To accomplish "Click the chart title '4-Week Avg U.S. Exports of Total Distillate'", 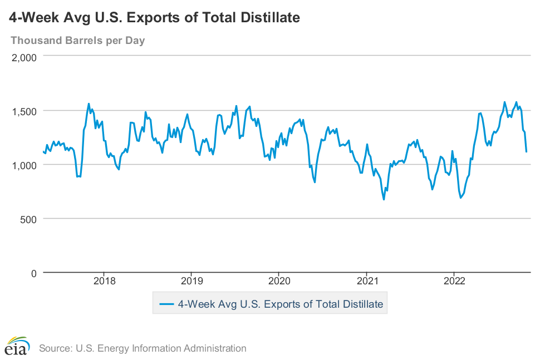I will tap(155, 18).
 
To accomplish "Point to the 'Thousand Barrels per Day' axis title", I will tap(77, 41).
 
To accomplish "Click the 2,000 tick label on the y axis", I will tap(24, 57).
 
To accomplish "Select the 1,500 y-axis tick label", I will tap(24, 111).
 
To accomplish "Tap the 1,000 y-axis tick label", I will tap(24, 165).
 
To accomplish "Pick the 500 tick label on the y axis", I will tap(29, 219).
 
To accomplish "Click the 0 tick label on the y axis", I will tap(34, 273).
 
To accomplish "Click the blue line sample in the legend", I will tap(167, 304).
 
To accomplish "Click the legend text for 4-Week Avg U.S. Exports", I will tap(280, 304).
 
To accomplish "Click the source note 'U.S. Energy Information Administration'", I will tap(143, 348).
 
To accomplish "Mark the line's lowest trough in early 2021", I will tap(384, 199).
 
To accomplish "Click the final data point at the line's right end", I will tap(527, 151).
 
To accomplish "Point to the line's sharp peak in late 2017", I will tap(89, 103).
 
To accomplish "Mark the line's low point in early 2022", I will tap(460, 198).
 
